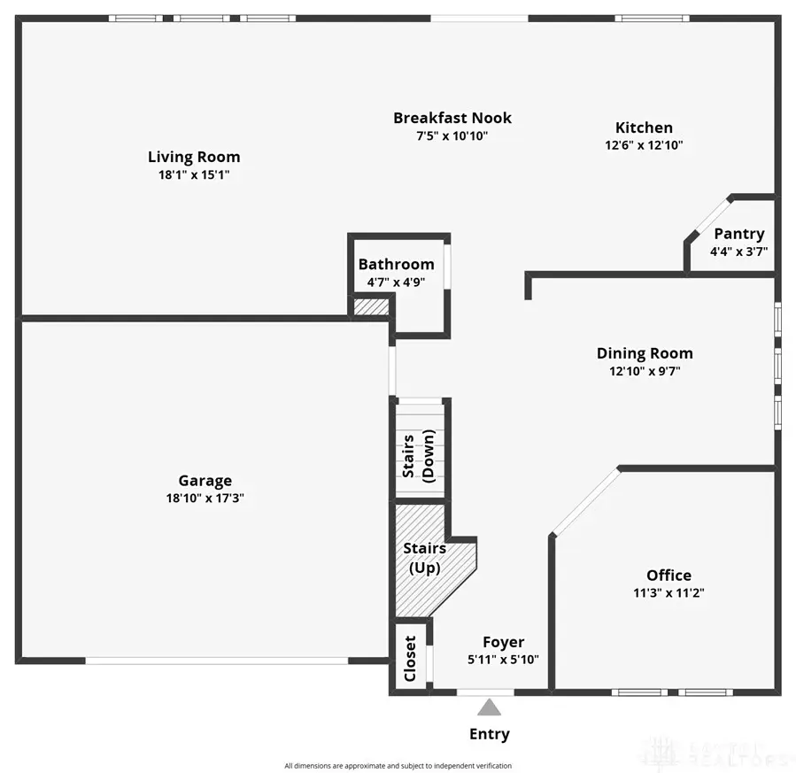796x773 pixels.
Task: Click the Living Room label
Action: (193, 157)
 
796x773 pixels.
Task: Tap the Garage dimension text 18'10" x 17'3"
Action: (205, 499)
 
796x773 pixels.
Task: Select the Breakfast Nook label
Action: (452, 118)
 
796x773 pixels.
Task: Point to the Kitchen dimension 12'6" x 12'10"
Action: (644, 144)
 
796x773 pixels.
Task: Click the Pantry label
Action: (738, 234)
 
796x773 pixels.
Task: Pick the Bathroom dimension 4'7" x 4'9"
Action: (396, 282)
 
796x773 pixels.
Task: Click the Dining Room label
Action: (644, 353)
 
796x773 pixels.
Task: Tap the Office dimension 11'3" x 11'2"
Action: (668, 593)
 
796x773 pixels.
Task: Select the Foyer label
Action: (503, 642)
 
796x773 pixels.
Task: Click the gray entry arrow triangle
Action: (489, 707)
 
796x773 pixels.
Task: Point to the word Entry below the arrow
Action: (489, 734)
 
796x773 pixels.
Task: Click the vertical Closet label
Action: (410, 658)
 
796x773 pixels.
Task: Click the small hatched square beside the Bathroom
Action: (370, 306)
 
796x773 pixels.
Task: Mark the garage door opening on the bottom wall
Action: (217, 660)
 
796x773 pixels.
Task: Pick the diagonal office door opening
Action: (585, 501)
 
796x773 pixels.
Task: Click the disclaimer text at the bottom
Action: (398, 766)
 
